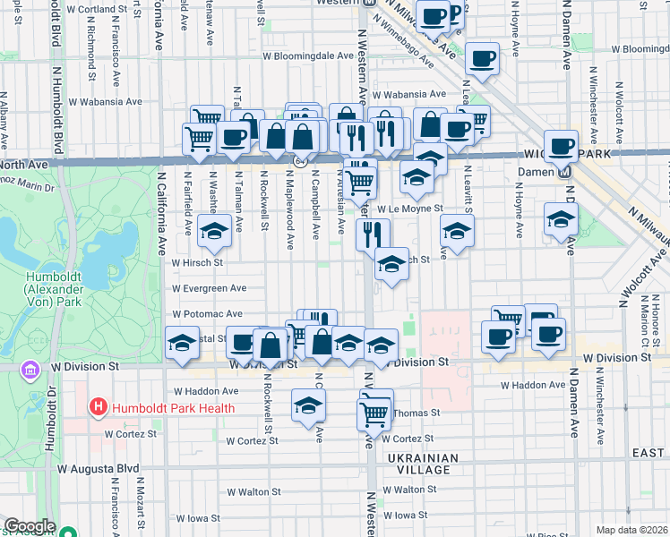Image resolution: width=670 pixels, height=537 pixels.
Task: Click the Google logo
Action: coord(30,526)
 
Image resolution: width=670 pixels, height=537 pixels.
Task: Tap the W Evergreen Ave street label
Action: coord(209,288)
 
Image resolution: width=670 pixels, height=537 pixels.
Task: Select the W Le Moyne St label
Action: coord(409,209)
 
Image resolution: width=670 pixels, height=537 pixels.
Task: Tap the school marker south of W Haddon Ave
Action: coord(308,405)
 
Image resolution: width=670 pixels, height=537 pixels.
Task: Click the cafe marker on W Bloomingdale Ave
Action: coord(483,60)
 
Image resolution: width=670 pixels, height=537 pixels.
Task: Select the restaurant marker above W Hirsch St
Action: coord(372,235)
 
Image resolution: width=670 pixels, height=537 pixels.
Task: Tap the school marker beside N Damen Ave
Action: coord(561,220)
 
